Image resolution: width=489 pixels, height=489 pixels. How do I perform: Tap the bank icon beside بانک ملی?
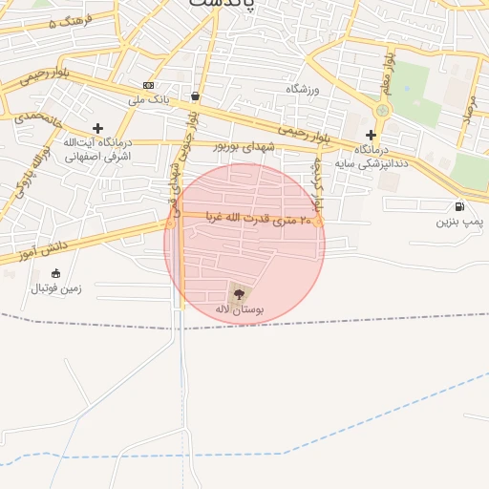(x=147, y=84)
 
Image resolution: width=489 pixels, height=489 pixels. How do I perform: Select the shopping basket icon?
(x=195, y=96)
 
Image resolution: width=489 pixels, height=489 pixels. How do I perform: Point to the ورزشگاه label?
(x=306, y=88)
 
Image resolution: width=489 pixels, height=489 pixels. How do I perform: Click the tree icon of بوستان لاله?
(x=239, y=293)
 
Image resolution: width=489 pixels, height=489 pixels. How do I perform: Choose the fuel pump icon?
(x=460, y=206)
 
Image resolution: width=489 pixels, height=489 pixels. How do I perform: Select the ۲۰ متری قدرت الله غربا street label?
(x=252, y=220)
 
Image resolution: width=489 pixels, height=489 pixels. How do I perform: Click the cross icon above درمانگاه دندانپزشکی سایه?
(x=371, y=135)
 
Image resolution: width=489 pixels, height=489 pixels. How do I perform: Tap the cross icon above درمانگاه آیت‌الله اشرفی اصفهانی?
(x=97, y=127)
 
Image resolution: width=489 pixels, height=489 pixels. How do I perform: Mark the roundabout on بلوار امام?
(x=383, y=111)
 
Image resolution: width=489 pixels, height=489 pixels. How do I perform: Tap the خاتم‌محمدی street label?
(x=36, y=120)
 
